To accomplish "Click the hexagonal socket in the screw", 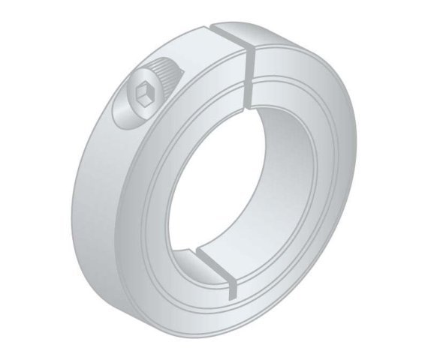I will coord(143,96).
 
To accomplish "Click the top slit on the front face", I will coord(247,75).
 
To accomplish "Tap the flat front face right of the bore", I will coord(330,187).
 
